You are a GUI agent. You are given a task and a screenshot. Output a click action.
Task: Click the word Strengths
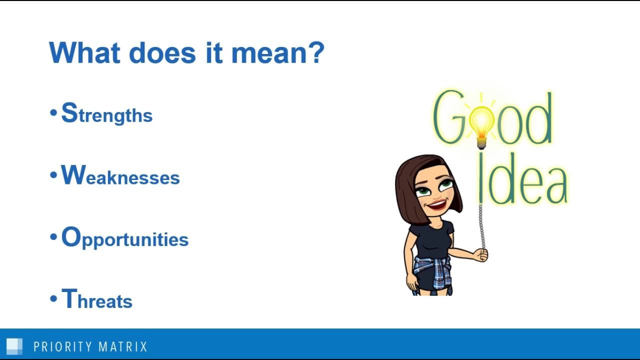106,113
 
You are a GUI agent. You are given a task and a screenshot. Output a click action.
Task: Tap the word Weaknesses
120,176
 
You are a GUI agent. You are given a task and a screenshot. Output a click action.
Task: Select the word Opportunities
124,238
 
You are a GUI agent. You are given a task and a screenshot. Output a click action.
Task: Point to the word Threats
96,299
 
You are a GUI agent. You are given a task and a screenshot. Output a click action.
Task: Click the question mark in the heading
315,52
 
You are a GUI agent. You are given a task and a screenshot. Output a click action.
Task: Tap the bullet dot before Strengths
53,113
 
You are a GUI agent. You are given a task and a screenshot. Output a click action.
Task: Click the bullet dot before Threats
53,299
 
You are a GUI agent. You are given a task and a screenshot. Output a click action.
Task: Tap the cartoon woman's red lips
437,204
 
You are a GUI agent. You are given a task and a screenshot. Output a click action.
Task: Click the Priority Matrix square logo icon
14,346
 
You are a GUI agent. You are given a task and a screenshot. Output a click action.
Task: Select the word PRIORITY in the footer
62,346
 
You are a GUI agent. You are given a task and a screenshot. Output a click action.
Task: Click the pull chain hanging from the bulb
481,220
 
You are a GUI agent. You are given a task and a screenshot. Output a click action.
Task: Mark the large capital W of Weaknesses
73,175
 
